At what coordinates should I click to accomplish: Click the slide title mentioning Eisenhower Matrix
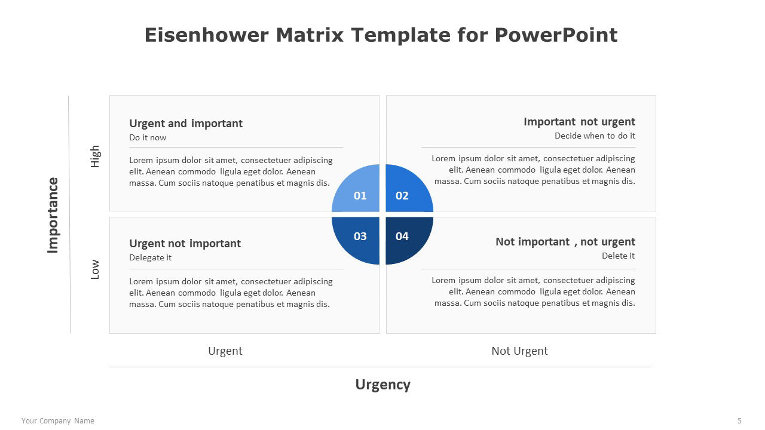pyautogui.click(x=381, y=35)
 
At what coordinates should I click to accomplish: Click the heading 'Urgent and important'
pyautogui.click(x=186, y=123)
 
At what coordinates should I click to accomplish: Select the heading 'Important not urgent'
pyautogui.click(x=579, y=122)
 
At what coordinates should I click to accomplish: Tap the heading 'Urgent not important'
pyautogui.click(x=185, y=243)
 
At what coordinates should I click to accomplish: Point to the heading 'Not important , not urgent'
pyautogui.click(x=565, y=242)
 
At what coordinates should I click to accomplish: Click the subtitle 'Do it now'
pyautogui.click(x=148, y=137)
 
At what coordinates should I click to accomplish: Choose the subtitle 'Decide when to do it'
pyautogui.click(x=595, y=136)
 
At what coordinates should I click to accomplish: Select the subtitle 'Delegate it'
pyautogui.click(x=150, y=257)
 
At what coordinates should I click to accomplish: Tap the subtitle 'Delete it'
pyautogui.click(x=618, y=256)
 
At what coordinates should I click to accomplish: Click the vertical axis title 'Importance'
pyautogui.click(x=53, y=216)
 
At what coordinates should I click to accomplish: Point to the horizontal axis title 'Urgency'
pyautogui.click(x=383, y=385)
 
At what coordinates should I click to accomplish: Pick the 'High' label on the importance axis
pyautogui.click(x=94, y=156)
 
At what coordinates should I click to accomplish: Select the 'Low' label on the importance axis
pyautogui.click(x=94, y=269)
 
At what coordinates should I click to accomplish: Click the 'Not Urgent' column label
pyautogui.click(x=519, y=351)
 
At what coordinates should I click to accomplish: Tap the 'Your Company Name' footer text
pyautogui.click(x=58, y=421)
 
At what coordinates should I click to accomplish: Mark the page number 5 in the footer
pyautogui.click(x=739, y=421)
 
